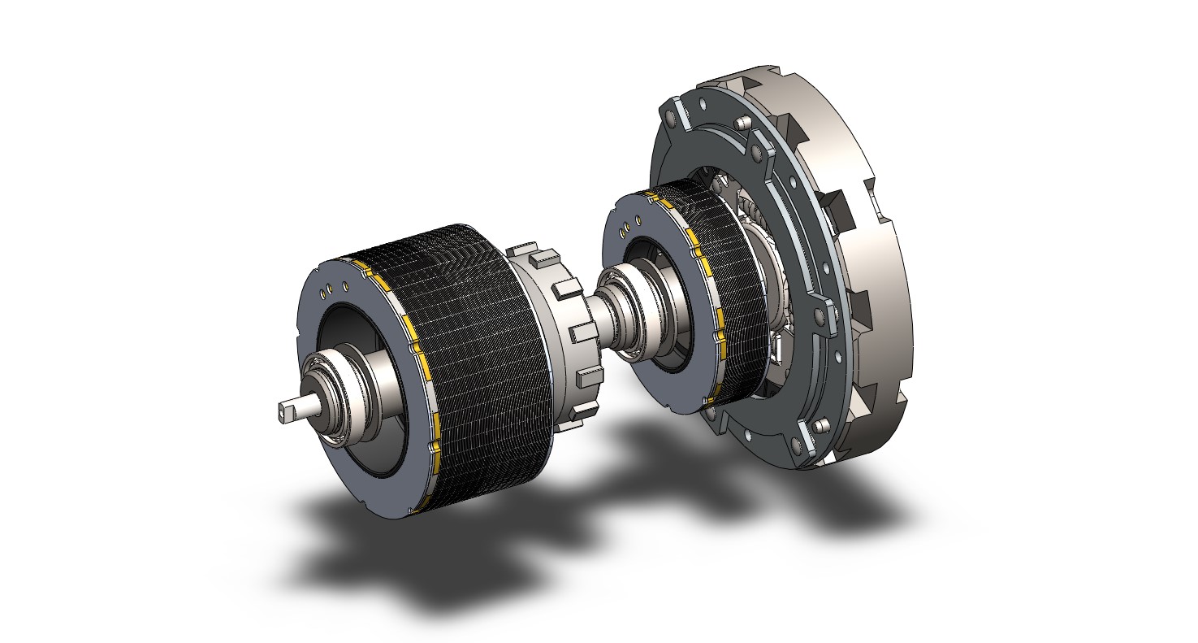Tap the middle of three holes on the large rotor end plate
pos(334,289)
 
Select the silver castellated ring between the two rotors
pos(560,325)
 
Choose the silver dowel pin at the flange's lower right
pos(820,424)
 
